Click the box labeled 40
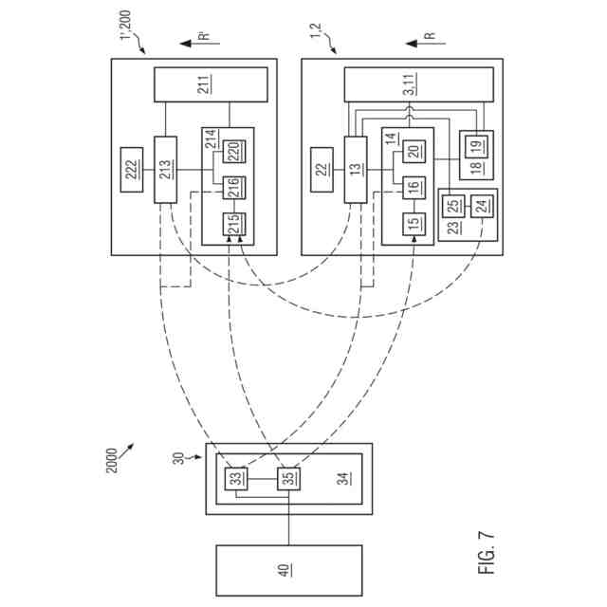[288, 570]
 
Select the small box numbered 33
[233, 479]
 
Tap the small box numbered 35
[287, 479]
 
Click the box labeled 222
[133, 169]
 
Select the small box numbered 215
[230, 225]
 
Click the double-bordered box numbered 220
[230, 150]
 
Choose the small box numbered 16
[413, 186]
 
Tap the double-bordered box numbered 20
[413, 150]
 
